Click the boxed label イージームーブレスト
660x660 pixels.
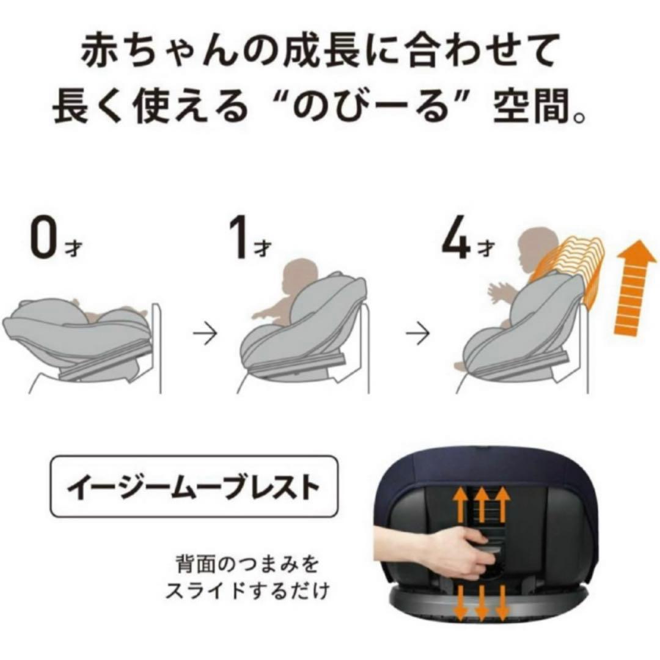click(193, 486)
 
